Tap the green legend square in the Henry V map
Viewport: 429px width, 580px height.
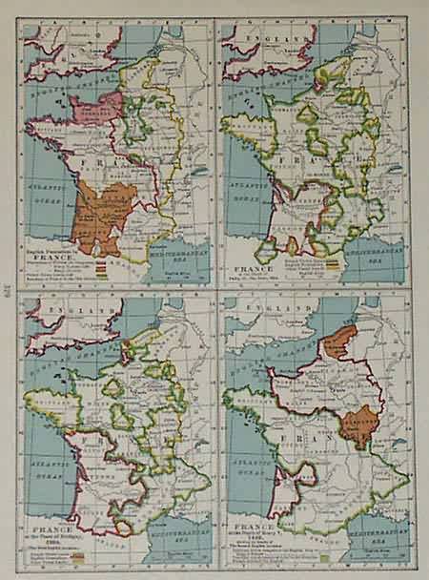[325, 555]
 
